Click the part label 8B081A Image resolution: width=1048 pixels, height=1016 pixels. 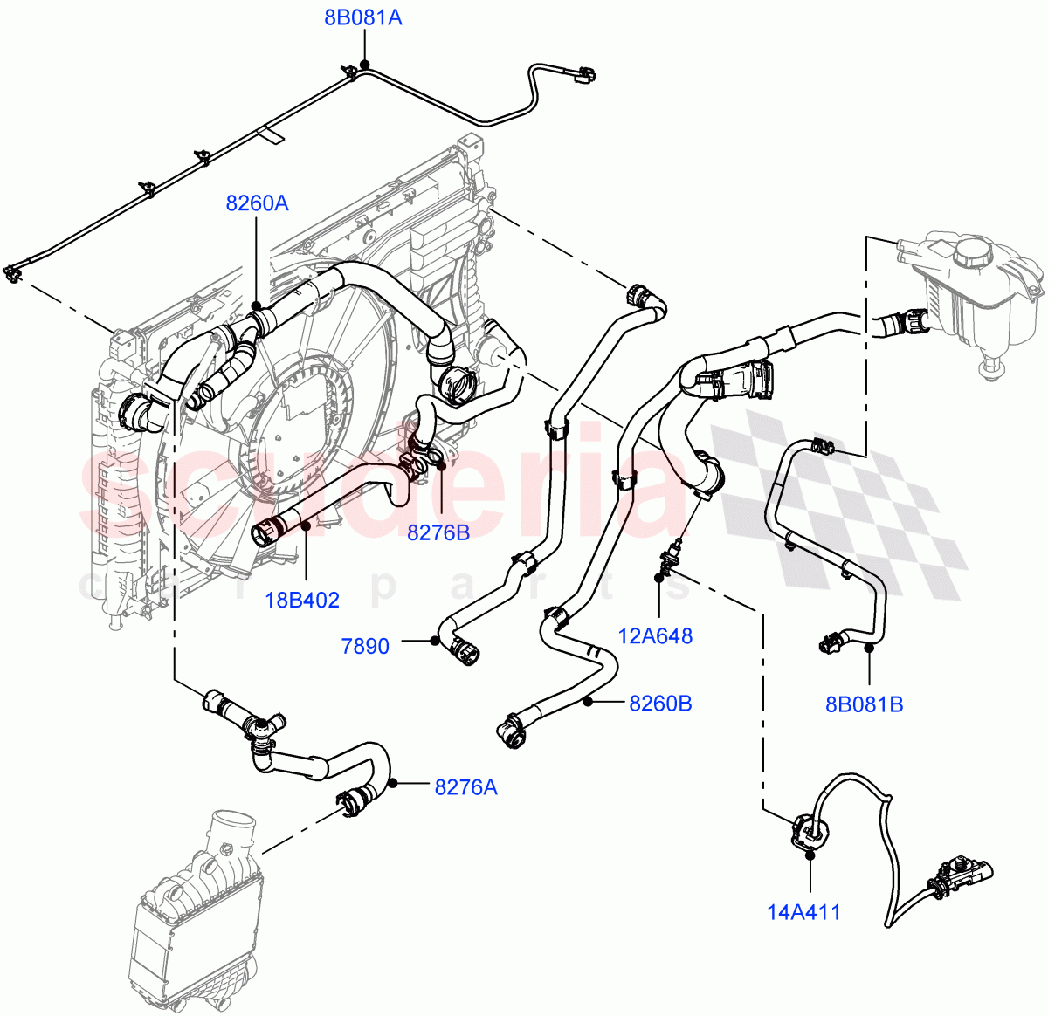click(x=363, y=17)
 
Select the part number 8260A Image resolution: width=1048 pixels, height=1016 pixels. click(x=257, y=203)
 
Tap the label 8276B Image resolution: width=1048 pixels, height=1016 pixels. click(x=438, y=532)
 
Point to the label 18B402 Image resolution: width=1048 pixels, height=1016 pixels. click(x=302, y=600)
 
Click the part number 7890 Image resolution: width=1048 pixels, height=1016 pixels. click(x=365, y=647)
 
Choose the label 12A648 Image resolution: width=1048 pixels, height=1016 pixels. click(x=655, y=635)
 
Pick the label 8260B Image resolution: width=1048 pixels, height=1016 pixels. click(x=660, y=703)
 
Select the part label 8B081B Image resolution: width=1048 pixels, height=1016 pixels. click(x=865, y=704)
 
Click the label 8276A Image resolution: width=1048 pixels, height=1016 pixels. click(x=465, y=787)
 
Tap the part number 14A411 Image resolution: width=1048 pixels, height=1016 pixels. click(x=803, y=913)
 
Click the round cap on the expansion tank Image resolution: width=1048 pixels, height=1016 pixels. click(x=976, y=252)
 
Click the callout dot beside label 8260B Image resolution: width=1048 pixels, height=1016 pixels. click(x=589, y=700)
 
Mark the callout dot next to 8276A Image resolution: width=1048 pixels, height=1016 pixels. click(x=394, y=783)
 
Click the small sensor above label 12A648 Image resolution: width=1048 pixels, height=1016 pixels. click(x=671, y=554)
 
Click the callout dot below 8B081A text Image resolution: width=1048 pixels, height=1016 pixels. click(x=364, y=65)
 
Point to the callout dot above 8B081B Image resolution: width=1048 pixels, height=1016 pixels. click(x=869, y=648)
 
